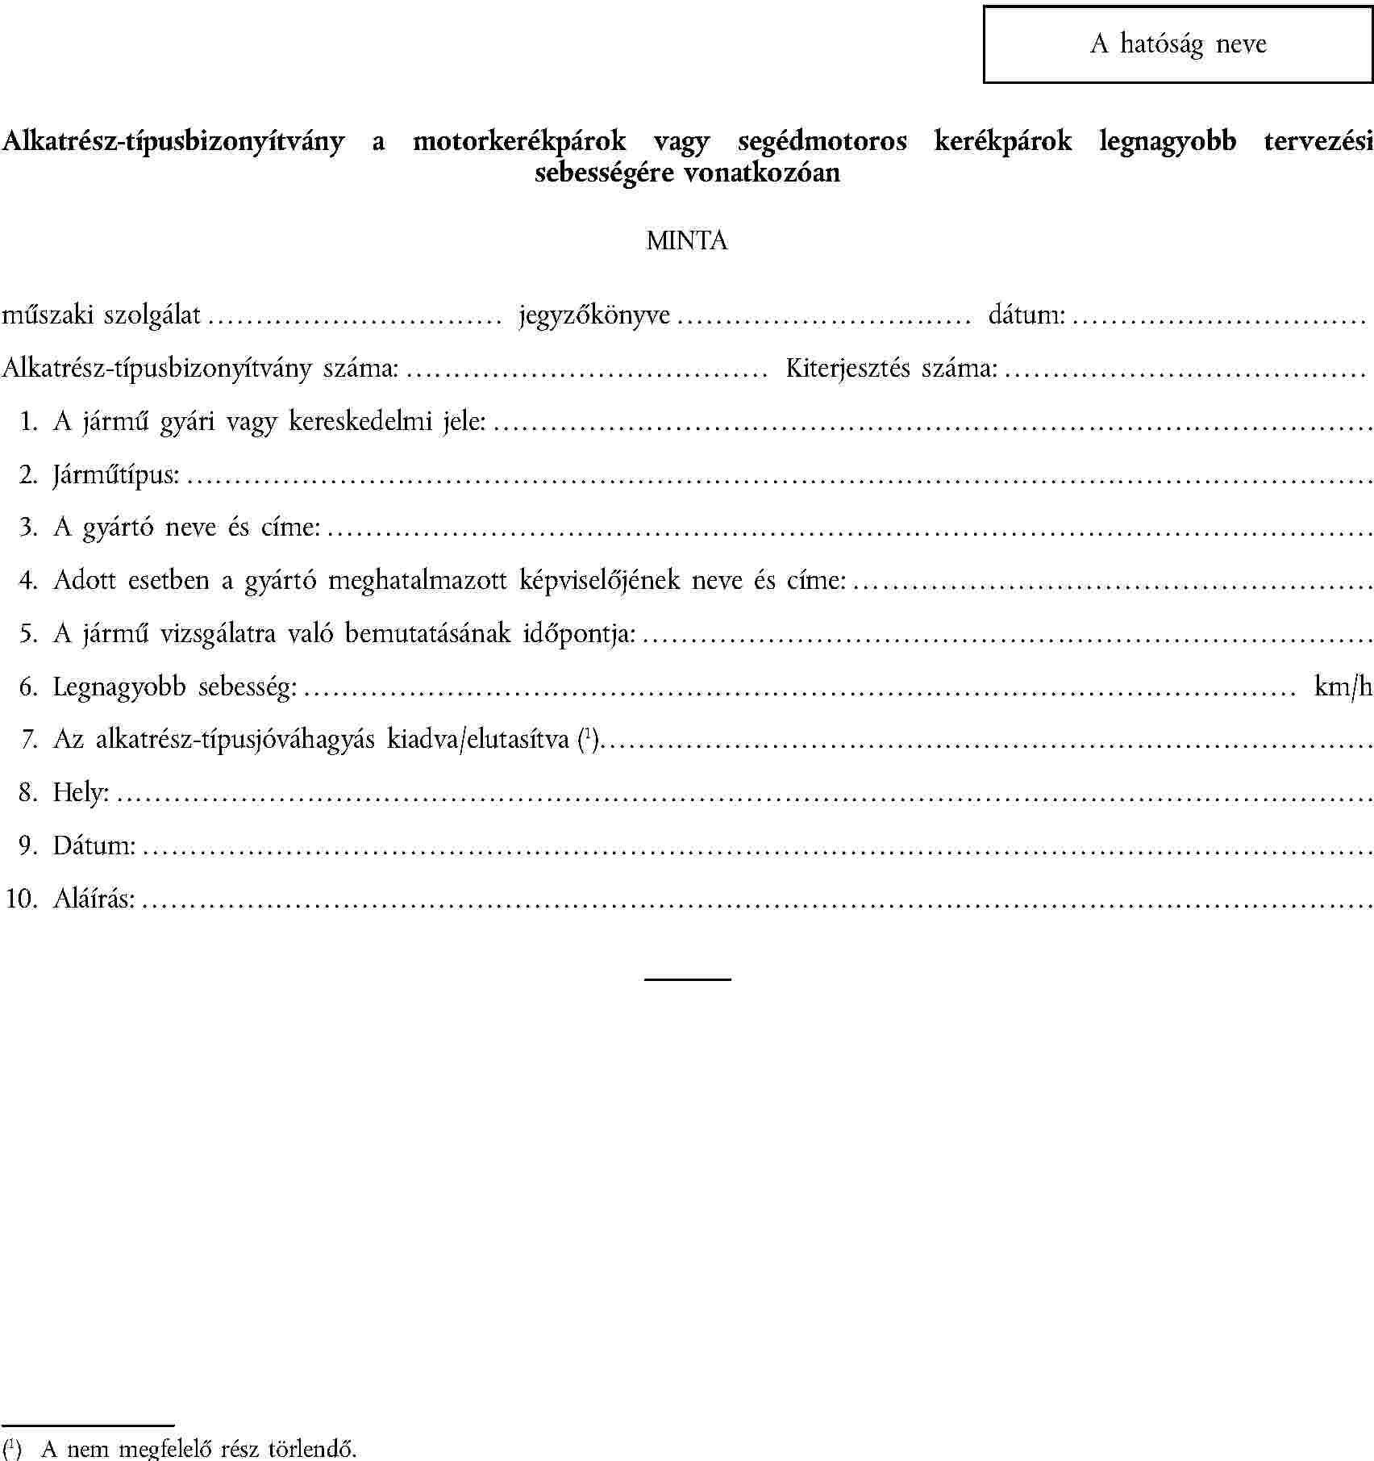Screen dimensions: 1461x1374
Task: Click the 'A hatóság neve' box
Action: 1177,44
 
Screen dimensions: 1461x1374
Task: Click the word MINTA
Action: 687,240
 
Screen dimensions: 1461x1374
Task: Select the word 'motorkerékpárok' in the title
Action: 519,141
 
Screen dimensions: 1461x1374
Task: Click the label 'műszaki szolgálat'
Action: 102,314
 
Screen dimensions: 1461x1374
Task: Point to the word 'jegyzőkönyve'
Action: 595,315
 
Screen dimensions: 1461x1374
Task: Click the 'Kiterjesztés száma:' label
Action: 892,368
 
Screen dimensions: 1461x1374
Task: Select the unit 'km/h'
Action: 1343,686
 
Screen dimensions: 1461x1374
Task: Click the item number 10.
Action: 22,898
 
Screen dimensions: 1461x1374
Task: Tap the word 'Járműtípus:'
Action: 116,474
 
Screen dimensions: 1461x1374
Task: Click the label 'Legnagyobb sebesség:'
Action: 175,687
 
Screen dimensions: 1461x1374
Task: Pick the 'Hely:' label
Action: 81,792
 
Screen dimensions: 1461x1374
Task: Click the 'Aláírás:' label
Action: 94,898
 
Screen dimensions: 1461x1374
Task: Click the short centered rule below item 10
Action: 687,979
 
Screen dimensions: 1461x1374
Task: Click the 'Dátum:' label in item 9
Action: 94,845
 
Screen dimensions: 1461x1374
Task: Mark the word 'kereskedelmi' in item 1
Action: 361,421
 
